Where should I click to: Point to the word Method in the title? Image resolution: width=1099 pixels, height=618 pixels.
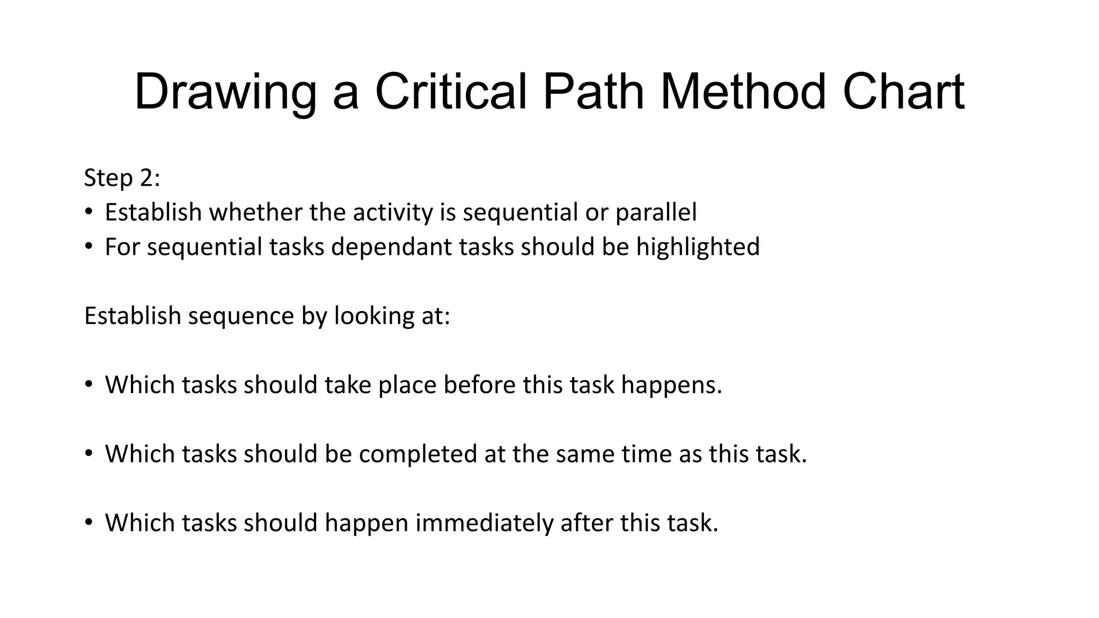coord(743,92)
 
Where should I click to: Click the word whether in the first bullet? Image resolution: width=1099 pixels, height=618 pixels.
coord(255,212)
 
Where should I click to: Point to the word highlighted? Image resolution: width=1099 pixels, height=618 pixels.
coord(698,247)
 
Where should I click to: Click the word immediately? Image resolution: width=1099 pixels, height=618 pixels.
coord(484,523)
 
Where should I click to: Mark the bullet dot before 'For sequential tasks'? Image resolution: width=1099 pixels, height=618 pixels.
coord(89,247)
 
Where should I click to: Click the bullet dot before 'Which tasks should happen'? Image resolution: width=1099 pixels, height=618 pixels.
coord(89,523)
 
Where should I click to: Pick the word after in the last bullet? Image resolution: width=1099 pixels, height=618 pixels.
coord(587,523)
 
